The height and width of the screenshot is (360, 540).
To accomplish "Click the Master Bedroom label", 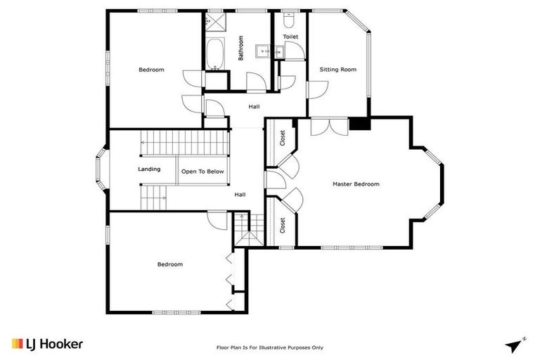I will point(356,184).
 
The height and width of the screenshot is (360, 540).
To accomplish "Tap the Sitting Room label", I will point(338,70).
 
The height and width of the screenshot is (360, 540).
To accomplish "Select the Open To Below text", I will point(202,172).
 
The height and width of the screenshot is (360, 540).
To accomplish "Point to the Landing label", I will point(149,169).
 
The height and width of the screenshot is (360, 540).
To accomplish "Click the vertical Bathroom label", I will point(240,49).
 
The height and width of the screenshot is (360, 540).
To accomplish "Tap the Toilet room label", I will point(290,37).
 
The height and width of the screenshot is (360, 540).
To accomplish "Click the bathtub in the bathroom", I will point(215,54).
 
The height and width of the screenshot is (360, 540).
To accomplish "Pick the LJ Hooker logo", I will point(47,344).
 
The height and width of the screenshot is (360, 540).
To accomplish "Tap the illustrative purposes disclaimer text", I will point(269,347).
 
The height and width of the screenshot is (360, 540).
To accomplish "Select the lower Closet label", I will point(282,225).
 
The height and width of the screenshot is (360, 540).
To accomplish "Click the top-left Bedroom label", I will point(151,70).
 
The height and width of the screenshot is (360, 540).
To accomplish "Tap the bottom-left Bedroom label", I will point(169,264).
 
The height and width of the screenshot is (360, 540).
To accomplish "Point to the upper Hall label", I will point(254,107).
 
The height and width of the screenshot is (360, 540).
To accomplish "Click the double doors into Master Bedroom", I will point(328,127).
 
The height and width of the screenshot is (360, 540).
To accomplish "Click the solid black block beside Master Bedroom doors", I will point(360,124).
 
